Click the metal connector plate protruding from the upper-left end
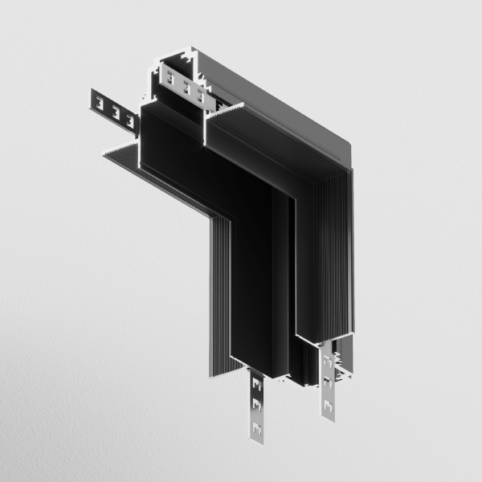(x=112, y=108)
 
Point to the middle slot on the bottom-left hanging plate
(x=255, y=403)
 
